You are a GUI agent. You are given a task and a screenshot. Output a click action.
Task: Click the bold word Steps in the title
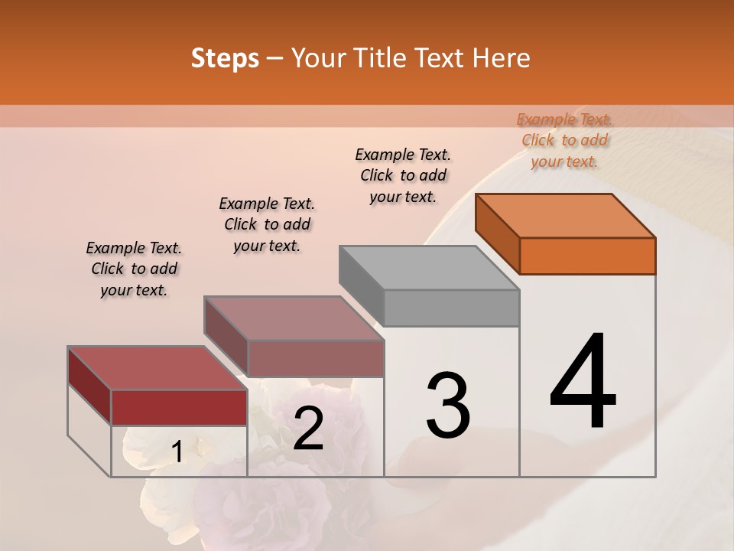click(225, 58)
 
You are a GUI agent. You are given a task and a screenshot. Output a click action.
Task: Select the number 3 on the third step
click(447, 406)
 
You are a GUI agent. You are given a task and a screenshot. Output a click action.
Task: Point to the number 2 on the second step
click(308, 429)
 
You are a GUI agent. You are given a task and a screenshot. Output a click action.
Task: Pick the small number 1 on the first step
click(177, 452)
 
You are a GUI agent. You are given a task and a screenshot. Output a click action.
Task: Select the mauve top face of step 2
click(294, 318)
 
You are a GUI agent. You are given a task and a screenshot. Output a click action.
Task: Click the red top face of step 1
click(158, 368)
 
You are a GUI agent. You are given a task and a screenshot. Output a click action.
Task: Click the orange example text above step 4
click(564, 141)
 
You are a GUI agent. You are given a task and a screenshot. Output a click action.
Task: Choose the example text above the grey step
click(403, 175)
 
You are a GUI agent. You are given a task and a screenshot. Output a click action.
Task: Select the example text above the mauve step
click(267, 224)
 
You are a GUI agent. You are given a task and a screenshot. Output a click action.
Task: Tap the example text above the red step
click(134, 269)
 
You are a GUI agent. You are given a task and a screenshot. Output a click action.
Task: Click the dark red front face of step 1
click(179, 407)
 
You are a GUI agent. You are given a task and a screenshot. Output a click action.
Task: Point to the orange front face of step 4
click(587, 256)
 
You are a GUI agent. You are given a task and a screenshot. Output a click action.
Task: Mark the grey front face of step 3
click(451, 308)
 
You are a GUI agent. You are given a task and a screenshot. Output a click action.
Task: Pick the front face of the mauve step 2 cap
click(315, 358)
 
